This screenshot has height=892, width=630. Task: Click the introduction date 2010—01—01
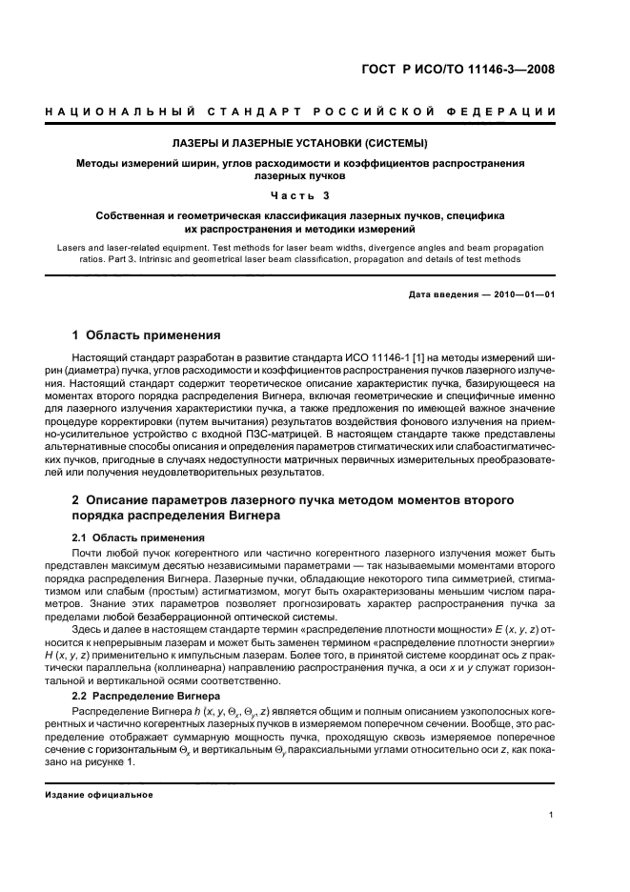[x=522, y=294]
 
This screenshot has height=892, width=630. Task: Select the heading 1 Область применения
[x=147, y=335]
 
